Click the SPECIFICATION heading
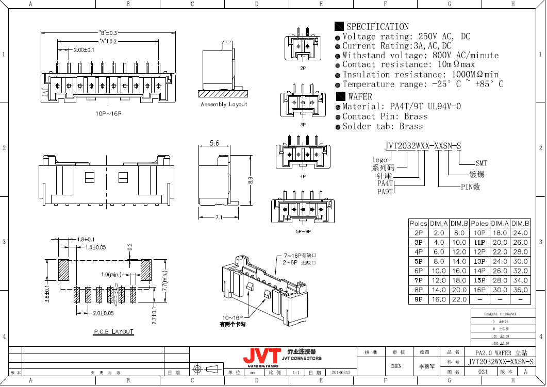[x=377, y=27]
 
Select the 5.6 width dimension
[x=214, y=143]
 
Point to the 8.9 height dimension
[x=250, y=181]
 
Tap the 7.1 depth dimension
[x=219, y=217]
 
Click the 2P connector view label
[x=303, y=68]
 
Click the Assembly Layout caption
[x=224, y=105]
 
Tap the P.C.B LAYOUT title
[x=113, y=332]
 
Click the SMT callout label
[x=481, y=163]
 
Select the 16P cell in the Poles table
[x=479, y=290]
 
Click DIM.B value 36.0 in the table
[x=520, y=290]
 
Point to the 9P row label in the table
[x=418, y=299]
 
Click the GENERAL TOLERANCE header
[x=500, y=314]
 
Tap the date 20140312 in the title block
[x=340, y=372]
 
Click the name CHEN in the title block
[x=395, y=366]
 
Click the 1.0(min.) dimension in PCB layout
[x=111, y=274]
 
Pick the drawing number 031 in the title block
[x=483, y=372]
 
